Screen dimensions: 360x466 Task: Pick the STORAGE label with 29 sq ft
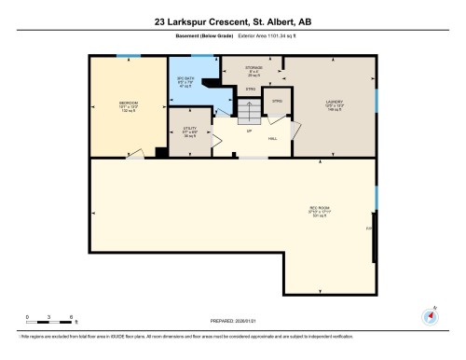click(x=254, y=68)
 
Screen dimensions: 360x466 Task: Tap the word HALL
click(x=274, y=138)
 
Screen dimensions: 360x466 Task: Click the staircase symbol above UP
click(x=248, y=113)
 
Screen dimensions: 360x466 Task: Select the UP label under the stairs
click(x=248, y=132)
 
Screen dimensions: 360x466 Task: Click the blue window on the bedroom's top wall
click(x=129, y=56)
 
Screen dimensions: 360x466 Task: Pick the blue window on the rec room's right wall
click(x=376, y=197)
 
